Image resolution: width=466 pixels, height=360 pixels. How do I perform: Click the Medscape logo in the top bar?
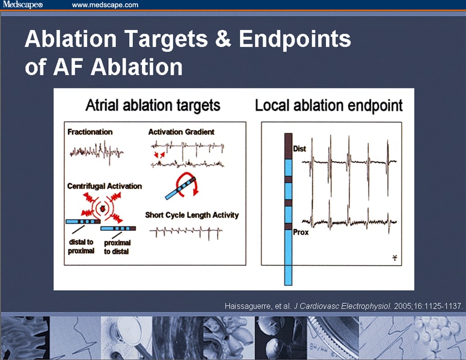pyautogui.click(x=22, y=5)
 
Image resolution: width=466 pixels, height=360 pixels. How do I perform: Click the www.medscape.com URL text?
pyautogui.click(x=105, y=5)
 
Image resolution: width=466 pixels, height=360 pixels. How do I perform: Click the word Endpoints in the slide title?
pyautogui.click(x=295, y=40)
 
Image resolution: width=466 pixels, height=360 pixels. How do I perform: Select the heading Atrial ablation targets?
pyautogui.click(x=153, y=106)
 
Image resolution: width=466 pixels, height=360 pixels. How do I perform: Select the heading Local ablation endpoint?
pyautogui.click(x=329, y=106)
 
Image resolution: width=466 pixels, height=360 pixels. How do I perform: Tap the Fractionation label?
pyautogui.click(x=90, y=132)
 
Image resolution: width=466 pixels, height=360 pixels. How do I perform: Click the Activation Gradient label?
pyautogui.click(x=181, y=132)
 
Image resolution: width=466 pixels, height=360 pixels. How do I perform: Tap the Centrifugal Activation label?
pyautogui.click(x=105, y=186)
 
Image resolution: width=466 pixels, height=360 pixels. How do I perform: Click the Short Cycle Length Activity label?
pyautogui.click(x=192, y=215)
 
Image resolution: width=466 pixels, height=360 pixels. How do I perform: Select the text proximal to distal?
pyautogui.click(x=117, y=246)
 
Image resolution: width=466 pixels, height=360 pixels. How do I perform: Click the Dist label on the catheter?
pyautogui.click(x=299, y=148)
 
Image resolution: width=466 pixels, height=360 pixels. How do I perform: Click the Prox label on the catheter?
pyautogui.click(x=301, y=232)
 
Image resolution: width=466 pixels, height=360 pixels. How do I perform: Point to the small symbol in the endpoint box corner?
pyautogui.click(x=394, y=258)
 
